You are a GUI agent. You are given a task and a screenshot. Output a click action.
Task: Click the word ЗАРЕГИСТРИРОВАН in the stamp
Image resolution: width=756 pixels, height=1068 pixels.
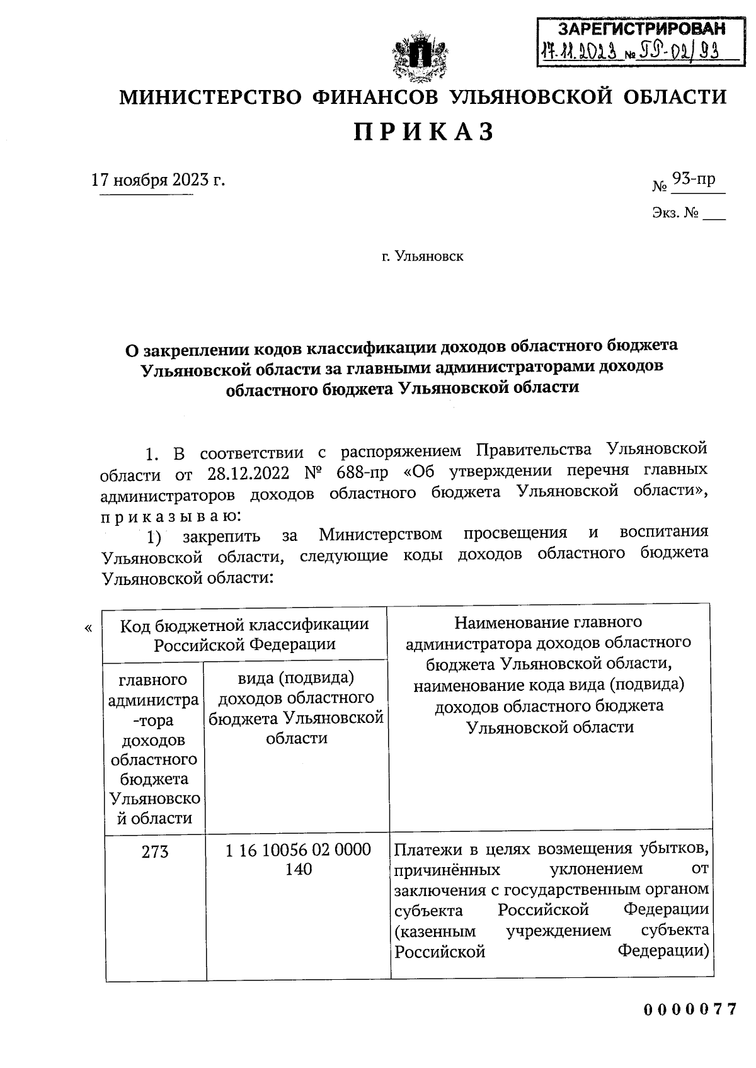(641, 28)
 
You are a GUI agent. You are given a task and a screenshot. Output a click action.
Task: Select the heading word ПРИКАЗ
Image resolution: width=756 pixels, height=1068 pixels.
(423, 132)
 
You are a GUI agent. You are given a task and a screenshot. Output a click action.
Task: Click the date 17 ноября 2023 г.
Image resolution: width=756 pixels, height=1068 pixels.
(157, 180)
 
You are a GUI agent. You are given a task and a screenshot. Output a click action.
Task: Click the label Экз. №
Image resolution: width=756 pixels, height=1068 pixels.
(675, 213)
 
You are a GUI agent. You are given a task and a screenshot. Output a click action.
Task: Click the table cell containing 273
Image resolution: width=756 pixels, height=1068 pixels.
(155, 852)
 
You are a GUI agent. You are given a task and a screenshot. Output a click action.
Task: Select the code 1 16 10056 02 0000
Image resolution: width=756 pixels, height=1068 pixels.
(298, 850)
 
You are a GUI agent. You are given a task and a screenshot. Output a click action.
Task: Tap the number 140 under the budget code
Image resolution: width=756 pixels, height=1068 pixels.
(298, 870)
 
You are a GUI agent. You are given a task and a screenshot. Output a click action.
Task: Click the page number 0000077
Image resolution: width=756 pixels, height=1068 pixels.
(690, 1009)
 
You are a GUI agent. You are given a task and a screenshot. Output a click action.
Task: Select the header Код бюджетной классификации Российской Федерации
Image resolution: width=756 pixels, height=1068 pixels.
(244, 634)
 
